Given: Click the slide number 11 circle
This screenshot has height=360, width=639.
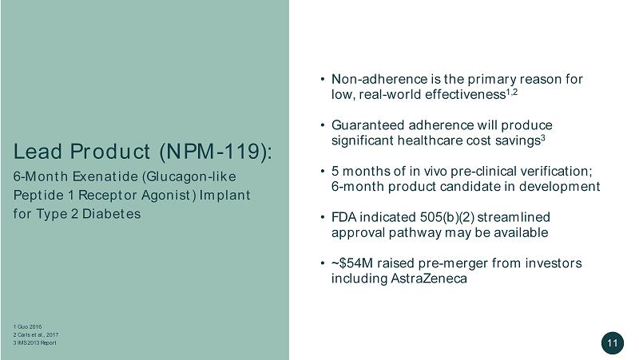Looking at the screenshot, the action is click(612, 343).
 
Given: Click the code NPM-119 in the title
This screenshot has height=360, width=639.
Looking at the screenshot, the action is click(213, 151).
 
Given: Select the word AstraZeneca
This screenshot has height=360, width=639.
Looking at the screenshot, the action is click(429, 279).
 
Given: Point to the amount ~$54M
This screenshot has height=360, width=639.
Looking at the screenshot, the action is click(352, 263).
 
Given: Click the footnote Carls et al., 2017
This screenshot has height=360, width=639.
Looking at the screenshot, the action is click(36, 334).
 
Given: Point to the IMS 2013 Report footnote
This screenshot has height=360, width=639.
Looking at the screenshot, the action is click(34, 343).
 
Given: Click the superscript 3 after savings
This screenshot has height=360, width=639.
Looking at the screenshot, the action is click(543, 137).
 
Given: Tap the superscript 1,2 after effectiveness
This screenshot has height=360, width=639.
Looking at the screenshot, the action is click(512, 92).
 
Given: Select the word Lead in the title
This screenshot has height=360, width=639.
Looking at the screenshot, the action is click(38, 151).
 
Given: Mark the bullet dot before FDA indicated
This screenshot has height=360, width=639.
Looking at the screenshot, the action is click(323, 217).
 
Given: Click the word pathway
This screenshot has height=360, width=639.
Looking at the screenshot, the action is click(415, 233).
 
